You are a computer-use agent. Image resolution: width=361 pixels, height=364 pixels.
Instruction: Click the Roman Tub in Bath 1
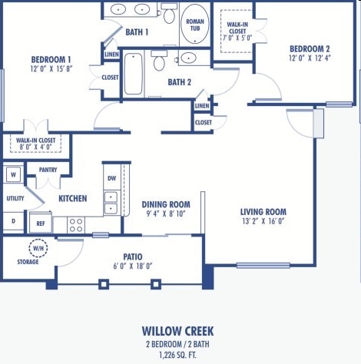click(x=194, y=25)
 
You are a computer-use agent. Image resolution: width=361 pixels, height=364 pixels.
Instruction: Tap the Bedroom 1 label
click(x=51, y=60)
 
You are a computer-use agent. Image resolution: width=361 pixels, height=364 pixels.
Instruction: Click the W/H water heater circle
click(x=38, y=249)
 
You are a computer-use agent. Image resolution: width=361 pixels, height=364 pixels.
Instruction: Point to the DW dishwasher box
click(x=111, y=178)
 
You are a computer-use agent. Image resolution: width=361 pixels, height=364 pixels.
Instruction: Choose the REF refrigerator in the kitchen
click(x=41, y=223)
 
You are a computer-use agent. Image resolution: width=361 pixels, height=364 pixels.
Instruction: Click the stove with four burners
click(x=76, y=224)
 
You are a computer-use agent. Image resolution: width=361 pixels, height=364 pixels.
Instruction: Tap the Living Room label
click(x=263, y=212)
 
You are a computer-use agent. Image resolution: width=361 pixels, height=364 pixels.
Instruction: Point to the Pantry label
click(x=48, y=170)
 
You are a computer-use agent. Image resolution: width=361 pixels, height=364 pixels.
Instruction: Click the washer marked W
click(x=13, y=174)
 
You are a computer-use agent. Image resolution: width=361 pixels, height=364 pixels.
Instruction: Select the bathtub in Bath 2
click(x=133, y=74)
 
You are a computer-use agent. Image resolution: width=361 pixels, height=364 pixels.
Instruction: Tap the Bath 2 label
click(x=179, y=82)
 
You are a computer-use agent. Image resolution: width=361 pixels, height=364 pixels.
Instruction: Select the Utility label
click(x=15, y=198)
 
